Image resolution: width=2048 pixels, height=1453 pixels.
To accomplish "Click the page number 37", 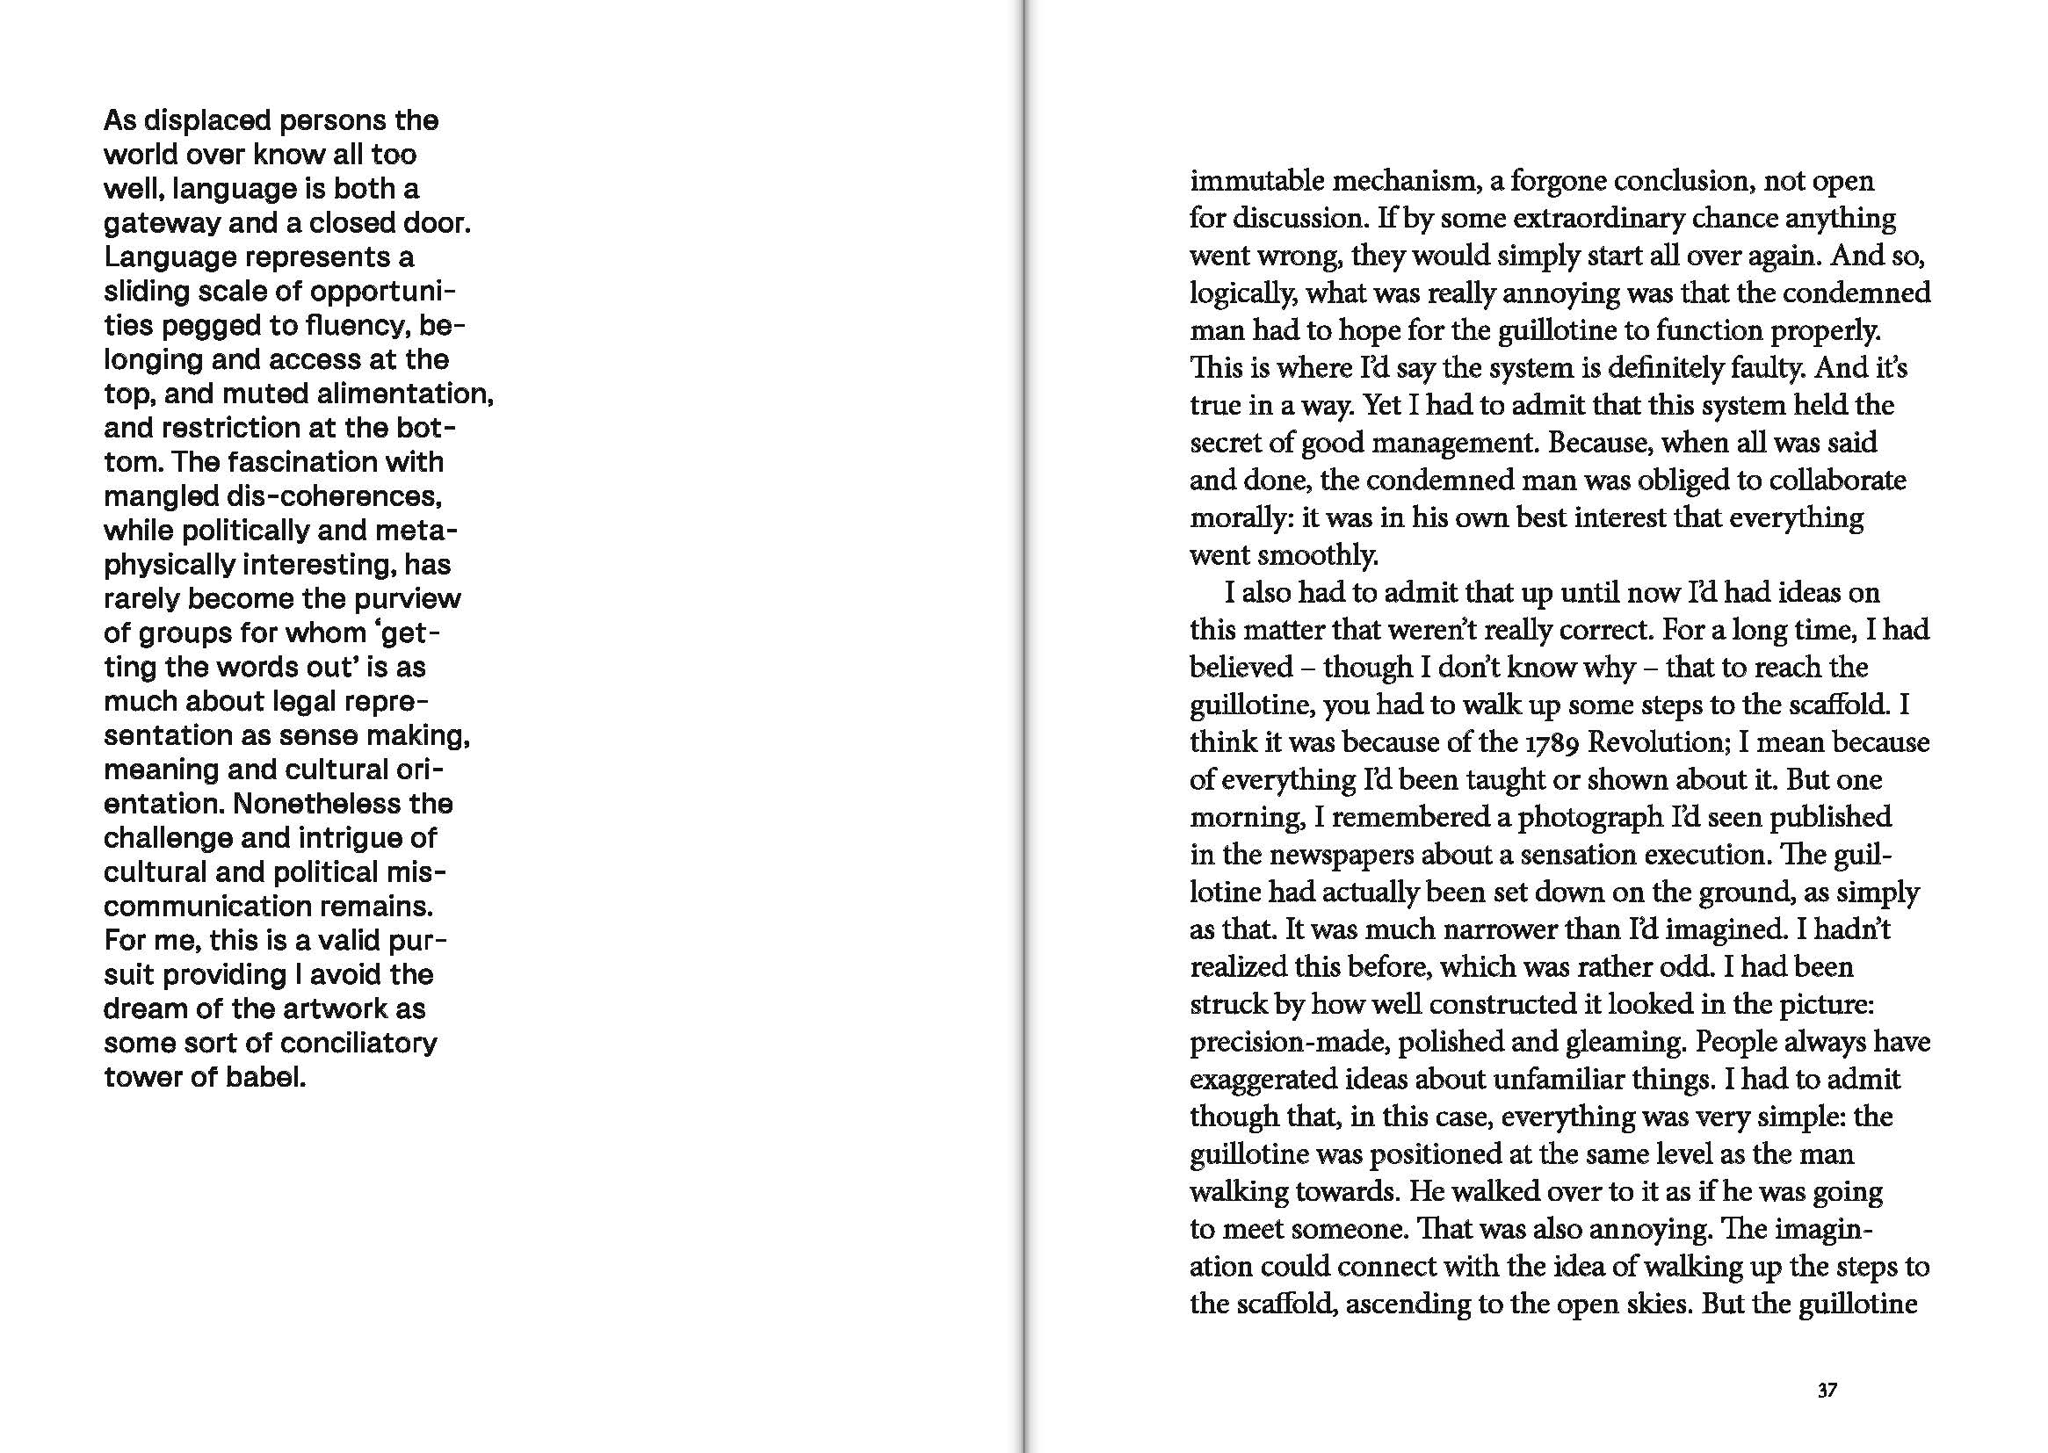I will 1827,1391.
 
